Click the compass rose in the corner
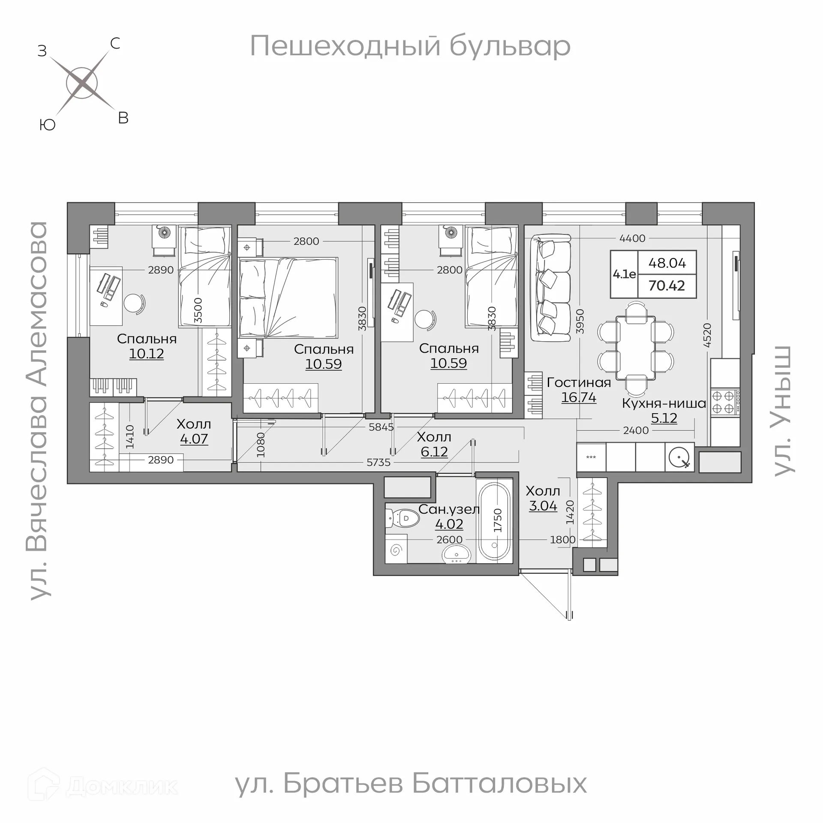pos(82,83)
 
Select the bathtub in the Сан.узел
pos(494,520)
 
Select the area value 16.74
pos(578,397)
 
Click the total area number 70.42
pos(667,285)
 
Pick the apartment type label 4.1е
pos(624,274)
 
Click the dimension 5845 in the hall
pos(381,427)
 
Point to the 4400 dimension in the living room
pos(632,238)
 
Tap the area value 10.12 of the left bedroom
pos(146,354)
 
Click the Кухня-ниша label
pos(664,403)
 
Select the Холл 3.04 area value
pos(543,506)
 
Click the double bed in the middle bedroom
pos(288,298)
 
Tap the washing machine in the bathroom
pos(396,550)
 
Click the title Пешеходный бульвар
pos(410,46)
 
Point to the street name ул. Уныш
pos(783,411)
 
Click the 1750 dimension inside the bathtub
pos(498,520)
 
